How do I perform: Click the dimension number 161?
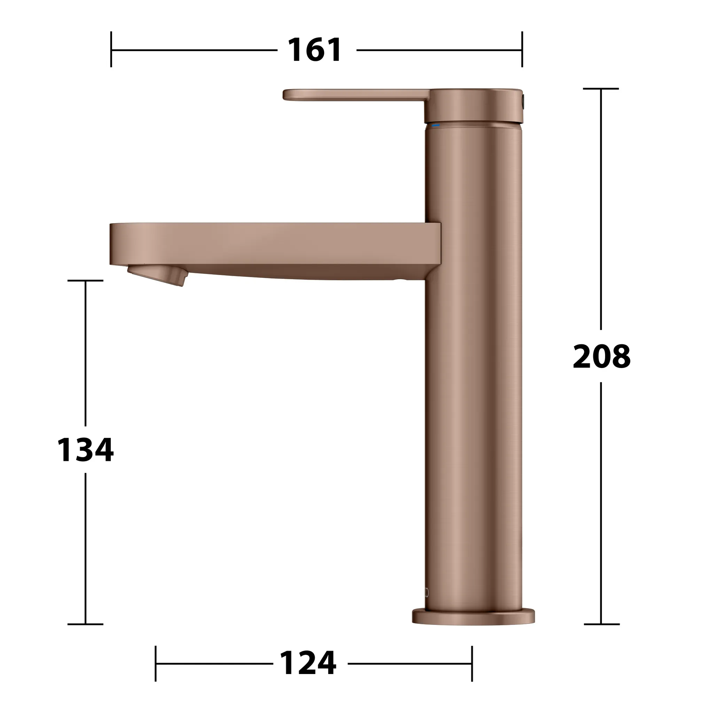tap(315, 50)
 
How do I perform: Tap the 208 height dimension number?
tap(602, 356)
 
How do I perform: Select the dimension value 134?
tap(86, 450)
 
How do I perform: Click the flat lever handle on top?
tap(354, 94)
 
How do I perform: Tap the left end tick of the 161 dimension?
tap(111, 49)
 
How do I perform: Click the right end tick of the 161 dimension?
tap(522, 49)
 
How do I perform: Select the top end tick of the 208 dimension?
tap(601, 89)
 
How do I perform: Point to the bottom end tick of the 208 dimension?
tap(602, 624)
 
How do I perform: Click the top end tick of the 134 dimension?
tap(86, 281)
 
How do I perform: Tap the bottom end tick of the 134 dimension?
tap(86, 624)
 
